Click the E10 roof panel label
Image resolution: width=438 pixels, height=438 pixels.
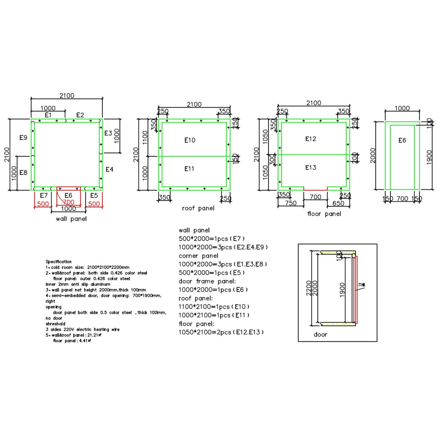190,140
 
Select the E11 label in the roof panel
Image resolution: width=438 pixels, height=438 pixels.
189,169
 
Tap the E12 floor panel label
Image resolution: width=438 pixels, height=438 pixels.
310,139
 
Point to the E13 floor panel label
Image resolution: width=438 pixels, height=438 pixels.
310,168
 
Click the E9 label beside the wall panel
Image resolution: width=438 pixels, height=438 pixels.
23,138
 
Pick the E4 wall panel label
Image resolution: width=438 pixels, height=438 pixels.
109,170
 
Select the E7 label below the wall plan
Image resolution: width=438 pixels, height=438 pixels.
44,196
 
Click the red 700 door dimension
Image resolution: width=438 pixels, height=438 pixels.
69,202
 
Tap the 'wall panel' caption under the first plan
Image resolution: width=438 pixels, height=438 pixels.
71,219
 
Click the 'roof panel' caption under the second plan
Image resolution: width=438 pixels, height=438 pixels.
198,209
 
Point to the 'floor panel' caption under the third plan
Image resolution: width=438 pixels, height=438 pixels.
324,214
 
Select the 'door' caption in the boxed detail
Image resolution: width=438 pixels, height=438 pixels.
320,335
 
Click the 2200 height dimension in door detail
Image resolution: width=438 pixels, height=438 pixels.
308,288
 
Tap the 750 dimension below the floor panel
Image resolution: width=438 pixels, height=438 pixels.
290,203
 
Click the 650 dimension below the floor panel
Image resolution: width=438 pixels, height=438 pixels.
338,203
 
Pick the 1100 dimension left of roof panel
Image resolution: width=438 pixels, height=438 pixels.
145,137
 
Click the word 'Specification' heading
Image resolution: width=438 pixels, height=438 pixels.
58,262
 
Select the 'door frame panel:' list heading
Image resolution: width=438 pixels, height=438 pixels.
207,281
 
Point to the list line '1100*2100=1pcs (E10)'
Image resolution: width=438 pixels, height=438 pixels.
214,307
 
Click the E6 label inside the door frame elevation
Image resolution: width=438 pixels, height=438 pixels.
402,140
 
